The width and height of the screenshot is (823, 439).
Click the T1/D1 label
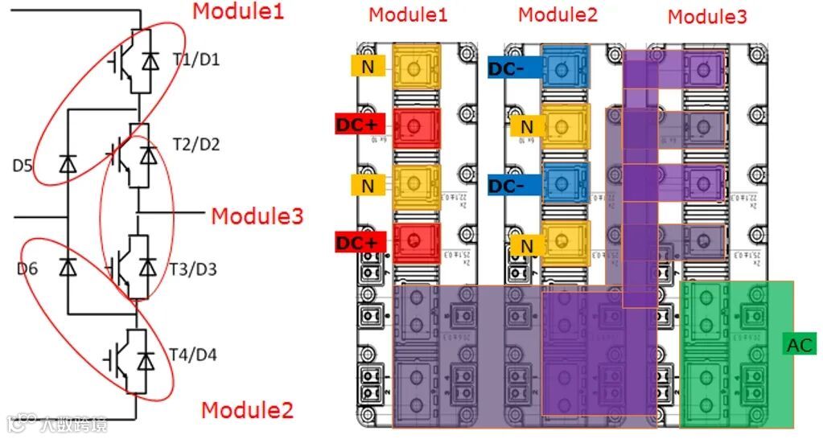pos(195,59)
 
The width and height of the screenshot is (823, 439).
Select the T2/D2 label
pos(195,145)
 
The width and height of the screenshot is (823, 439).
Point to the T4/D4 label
pos(193,355)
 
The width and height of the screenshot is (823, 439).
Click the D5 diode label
pos(23,167)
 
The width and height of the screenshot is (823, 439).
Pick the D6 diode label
pos(27,269)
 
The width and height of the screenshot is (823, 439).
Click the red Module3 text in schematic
pos(257,216)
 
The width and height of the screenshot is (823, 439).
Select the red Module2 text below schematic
pos(247,410)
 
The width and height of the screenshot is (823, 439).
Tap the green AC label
pos(800,346)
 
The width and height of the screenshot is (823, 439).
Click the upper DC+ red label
pos(360,125)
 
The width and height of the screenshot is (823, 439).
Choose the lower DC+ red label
pos(360,240)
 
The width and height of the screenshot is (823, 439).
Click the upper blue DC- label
pos(507,69)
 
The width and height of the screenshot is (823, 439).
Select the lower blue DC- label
pos(507,185)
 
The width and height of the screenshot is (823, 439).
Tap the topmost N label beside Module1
pos(367,67)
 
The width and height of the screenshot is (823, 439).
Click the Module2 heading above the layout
pos(558,14)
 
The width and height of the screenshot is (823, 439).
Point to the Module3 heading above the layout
pos(707,16)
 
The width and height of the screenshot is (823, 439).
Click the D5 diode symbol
pos(68,166)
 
